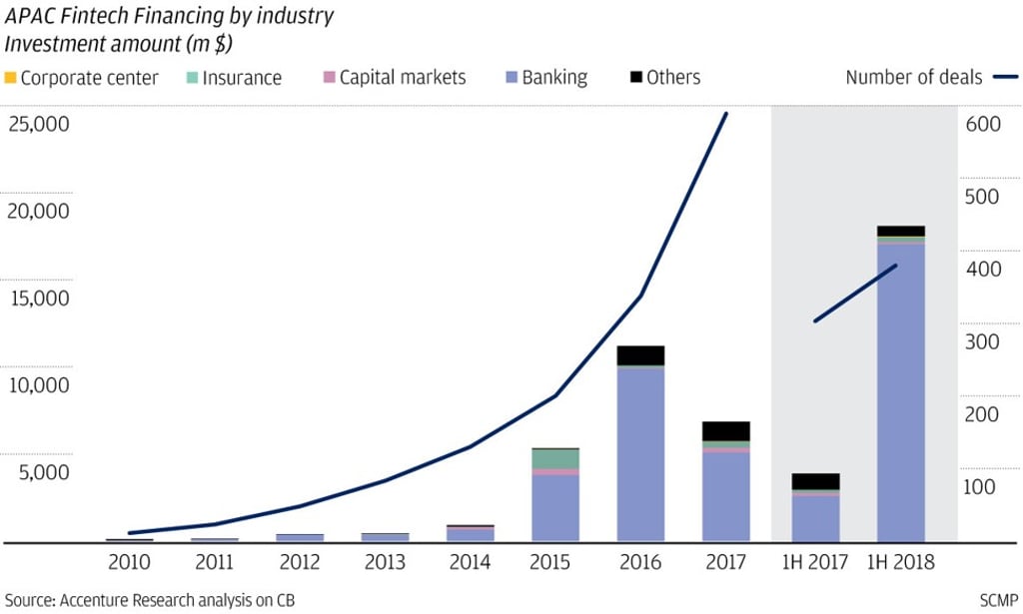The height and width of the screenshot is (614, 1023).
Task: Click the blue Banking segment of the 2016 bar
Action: (640, 454)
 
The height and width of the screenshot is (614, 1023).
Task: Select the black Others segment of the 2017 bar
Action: (726, 430)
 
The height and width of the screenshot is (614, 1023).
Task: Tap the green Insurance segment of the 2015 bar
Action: (555, 458)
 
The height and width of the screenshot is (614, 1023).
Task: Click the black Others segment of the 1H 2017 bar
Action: (815, 481)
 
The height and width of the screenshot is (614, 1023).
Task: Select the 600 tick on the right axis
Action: (980, 125)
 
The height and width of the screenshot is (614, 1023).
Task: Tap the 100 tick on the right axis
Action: (980, 487)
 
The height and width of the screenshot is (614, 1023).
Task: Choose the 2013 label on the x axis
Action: (385, 563)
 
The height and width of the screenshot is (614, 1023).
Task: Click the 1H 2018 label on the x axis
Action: (900, 563)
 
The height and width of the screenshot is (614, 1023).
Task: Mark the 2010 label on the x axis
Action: (129, 563)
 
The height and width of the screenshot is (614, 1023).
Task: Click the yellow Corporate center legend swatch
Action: (10, 78)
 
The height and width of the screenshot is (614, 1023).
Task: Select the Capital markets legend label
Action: (402, 78)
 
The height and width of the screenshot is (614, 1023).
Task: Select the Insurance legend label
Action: (242, 78)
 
